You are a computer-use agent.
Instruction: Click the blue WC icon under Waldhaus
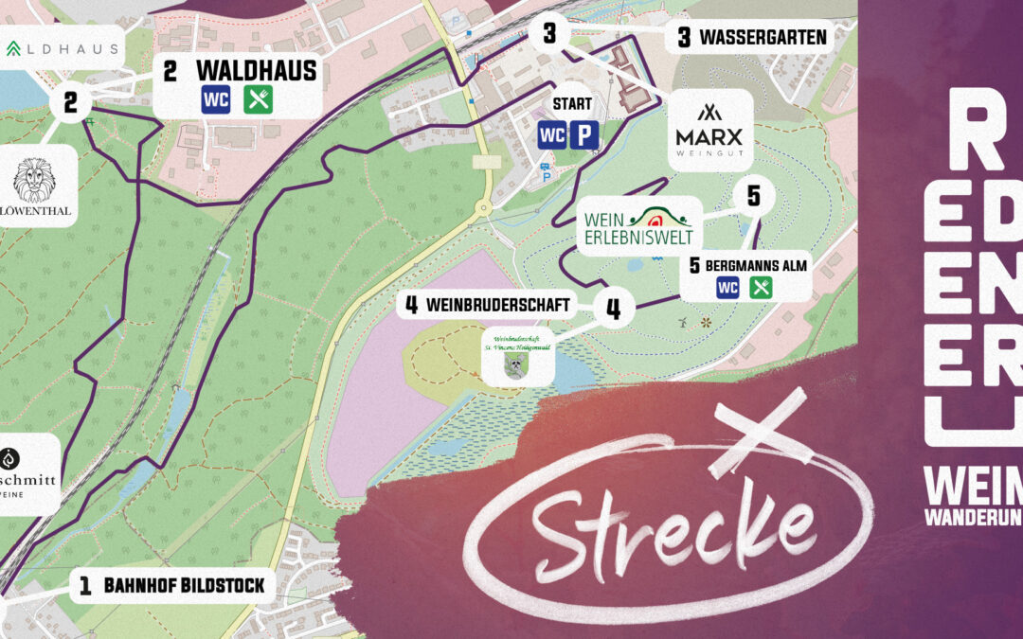(x=216, y=99)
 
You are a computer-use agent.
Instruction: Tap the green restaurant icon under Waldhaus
(x=258, y=99)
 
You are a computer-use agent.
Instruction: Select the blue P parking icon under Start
(x=582, y=135)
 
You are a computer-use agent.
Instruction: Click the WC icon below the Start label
(x=551, y=135)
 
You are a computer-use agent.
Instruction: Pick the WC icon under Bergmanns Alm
(x=727, y=287)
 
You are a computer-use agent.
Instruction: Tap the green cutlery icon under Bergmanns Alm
(x=762, y=287)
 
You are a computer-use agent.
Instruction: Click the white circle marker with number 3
(x=550, y=35)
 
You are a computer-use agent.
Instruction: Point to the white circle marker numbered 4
(x=614, y=309)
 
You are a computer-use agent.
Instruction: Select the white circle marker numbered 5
(x=753, y=196)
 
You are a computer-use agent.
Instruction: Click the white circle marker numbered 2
(x=70, y=102)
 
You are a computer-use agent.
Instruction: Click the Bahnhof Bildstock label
(x=171, y=586)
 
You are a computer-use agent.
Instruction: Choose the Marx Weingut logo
(x=709, y=129)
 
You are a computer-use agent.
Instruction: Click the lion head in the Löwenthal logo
(x=35, y=180)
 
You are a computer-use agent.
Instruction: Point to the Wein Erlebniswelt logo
(x=638, y=226)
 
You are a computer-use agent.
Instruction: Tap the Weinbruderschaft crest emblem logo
(x=517, y=357)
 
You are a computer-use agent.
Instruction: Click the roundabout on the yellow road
(x=485, y=207)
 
